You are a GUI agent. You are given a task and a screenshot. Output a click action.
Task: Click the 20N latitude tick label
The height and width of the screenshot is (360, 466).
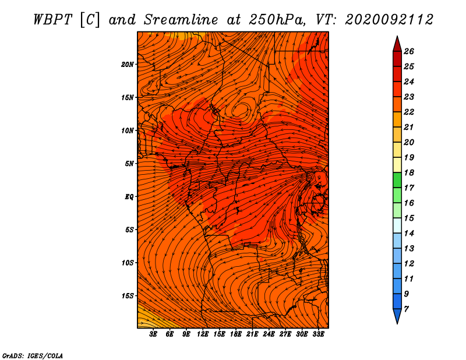[127, 65]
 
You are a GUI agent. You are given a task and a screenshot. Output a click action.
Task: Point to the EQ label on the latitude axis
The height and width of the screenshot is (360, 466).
[129, 197]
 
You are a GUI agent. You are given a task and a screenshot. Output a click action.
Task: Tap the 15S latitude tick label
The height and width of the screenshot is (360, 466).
[128, 296]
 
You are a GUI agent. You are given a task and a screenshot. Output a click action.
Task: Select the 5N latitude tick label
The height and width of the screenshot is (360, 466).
[129, 164]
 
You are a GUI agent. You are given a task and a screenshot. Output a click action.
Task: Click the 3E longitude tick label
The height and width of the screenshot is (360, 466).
[153, 334]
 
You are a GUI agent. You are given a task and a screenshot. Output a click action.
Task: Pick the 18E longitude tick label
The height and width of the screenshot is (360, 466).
[236, 334]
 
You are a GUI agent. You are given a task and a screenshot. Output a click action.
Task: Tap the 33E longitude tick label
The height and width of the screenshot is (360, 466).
[318, 334]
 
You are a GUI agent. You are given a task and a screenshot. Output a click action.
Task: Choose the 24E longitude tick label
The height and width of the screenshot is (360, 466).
[269, 334]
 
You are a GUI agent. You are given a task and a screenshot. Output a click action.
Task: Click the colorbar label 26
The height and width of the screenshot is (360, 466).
[409, 51]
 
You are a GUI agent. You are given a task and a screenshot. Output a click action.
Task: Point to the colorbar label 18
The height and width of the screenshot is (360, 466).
[409, 172]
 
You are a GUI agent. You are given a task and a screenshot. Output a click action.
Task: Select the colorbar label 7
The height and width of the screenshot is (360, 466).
[406, 309]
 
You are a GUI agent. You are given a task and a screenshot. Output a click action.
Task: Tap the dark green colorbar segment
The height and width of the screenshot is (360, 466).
[397, 180]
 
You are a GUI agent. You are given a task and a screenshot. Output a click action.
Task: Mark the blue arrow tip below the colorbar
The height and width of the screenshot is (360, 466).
[397, 323]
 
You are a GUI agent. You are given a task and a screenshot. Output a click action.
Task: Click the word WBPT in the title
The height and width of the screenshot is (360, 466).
[53, 20]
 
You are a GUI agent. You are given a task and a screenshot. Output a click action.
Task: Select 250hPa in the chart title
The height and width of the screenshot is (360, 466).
[277, 20]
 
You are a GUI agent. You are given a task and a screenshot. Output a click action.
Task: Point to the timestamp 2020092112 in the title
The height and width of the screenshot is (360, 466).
[389, 20]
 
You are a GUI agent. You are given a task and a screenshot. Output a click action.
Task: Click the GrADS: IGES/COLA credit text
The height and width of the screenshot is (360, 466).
[33, 356]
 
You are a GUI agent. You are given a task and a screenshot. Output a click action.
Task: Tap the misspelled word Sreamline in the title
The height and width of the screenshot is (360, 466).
[181, 20]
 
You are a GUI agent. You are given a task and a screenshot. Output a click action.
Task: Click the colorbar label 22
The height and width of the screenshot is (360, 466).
[409, 112]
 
